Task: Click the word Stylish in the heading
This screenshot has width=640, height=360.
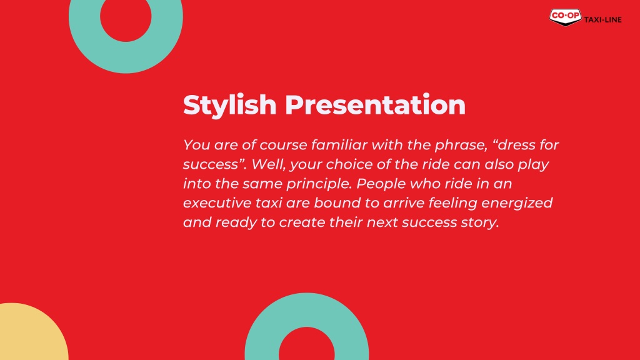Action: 230,105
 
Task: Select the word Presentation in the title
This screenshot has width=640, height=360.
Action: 375,105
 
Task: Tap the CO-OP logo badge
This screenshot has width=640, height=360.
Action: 565,17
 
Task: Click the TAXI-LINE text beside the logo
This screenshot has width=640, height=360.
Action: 603,19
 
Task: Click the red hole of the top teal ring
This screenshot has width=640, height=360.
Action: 126,17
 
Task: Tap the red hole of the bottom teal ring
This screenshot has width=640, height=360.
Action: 306,345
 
